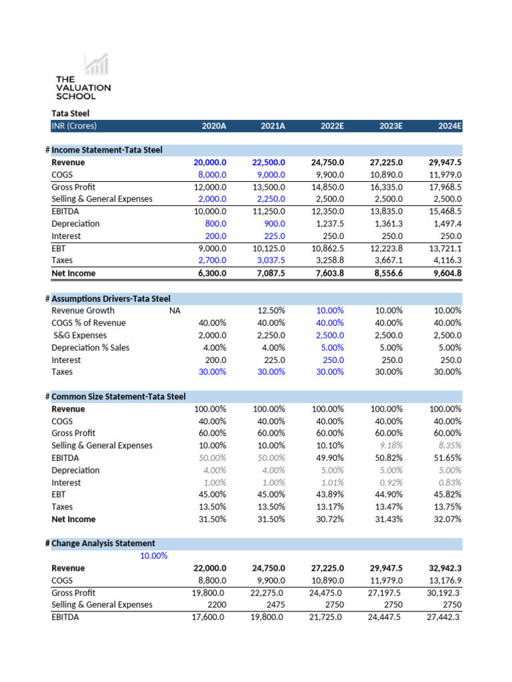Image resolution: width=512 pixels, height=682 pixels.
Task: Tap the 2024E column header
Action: (449, 126)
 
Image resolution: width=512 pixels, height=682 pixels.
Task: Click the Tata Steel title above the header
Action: (70, 114)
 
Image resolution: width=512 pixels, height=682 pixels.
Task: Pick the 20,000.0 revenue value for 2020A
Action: (210, 163)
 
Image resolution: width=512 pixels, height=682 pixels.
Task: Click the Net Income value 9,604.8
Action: (445, 273)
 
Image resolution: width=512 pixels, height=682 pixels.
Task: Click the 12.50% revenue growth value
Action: (271, 310)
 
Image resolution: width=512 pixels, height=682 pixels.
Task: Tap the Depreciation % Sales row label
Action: (90, 348)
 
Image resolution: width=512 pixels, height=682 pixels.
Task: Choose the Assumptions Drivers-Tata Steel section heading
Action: (111, 298)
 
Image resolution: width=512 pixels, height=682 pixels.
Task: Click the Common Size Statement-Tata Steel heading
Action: (118, 397)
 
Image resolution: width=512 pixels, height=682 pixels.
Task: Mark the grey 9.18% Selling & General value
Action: (389, 446)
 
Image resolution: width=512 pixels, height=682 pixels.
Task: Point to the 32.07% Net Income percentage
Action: (447, 519)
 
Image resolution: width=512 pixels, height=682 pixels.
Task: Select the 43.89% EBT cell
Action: (330, 495)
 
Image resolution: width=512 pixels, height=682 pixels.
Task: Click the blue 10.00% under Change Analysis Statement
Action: (153, 555)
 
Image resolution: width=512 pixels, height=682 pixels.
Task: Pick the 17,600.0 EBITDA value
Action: (209, 617)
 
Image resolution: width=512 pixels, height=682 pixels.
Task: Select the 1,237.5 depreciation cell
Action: (328, 224)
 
